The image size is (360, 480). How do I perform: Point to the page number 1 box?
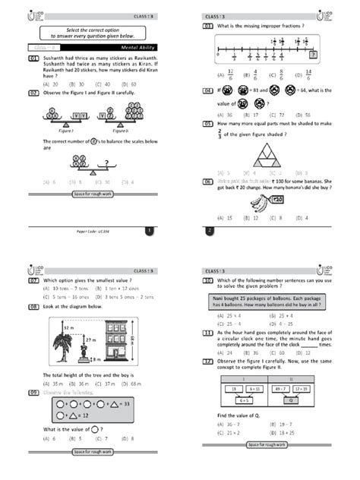[x=150, y=229]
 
